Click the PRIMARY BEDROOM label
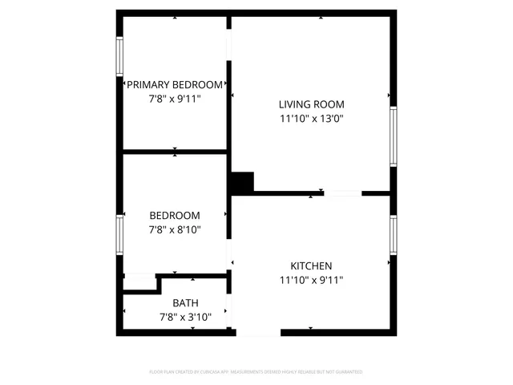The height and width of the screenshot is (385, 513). tap(175, 85)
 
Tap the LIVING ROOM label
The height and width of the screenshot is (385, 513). tap(311, 104)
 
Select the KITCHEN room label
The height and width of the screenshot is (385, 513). tap(311, 265)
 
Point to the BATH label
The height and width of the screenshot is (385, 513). tap(185, 303)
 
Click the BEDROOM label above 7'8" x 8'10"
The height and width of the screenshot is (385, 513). tap(175, 215)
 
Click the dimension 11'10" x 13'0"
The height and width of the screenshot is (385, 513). tap(311, 119)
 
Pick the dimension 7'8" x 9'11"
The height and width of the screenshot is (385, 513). tap(175, 99)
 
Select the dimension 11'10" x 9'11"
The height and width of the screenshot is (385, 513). tap(311, 280)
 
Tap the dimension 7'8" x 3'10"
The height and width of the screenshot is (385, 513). tap(185, 318)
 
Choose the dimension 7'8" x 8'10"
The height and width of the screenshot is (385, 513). tap(175, 229)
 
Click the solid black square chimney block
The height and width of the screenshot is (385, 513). tap(241, 183)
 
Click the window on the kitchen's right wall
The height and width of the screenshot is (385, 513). tap(394, 234)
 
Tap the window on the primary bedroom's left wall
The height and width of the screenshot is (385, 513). tap(120, 57)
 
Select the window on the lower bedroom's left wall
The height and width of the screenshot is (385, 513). tap(120, 234)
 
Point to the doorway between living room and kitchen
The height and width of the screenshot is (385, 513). tap(342, 193)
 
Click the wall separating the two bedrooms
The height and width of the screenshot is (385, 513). tap(175, 151)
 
